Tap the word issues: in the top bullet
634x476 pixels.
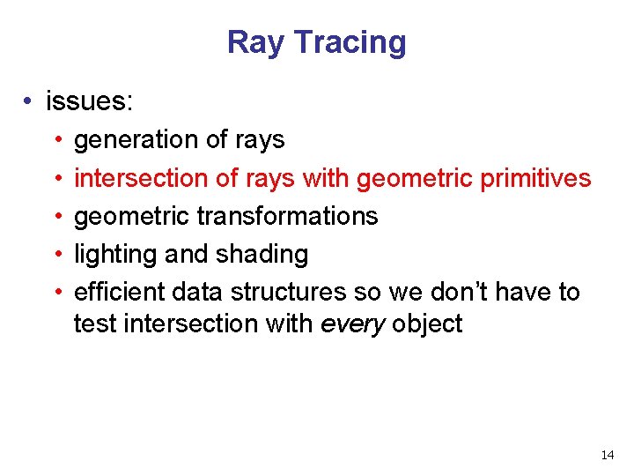point(90,101)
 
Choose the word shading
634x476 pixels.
point(262,254)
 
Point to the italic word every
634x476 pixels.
point(353,324)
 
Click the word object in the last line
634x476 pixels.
point(427,324)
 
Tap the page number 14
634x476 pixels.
point(607,455)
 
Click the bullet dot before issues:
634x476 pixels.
point(30,102)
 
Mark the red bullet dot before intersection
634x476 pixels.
point(55,179)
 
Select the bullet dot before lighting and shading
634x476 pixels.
point(55,255)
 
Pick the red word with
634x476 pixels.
point(325,178)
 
